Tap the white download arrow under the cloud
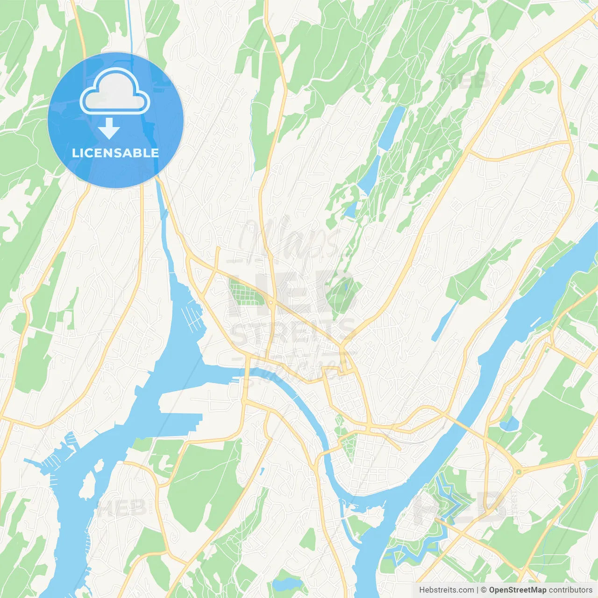109,128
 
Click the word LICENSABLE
115,153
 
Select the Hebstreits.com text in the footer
446,590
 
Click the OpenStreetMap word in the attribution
517,590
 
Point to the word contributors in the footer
570,590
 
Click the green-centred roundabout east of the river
518,472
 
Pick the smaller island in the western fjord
99,466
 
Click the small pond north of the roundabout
508,424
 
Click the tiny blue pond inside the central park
345,288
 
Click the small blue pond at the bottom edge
286,583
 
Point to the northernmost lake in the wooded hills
392,125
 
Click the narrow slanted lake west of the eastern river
444,320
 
